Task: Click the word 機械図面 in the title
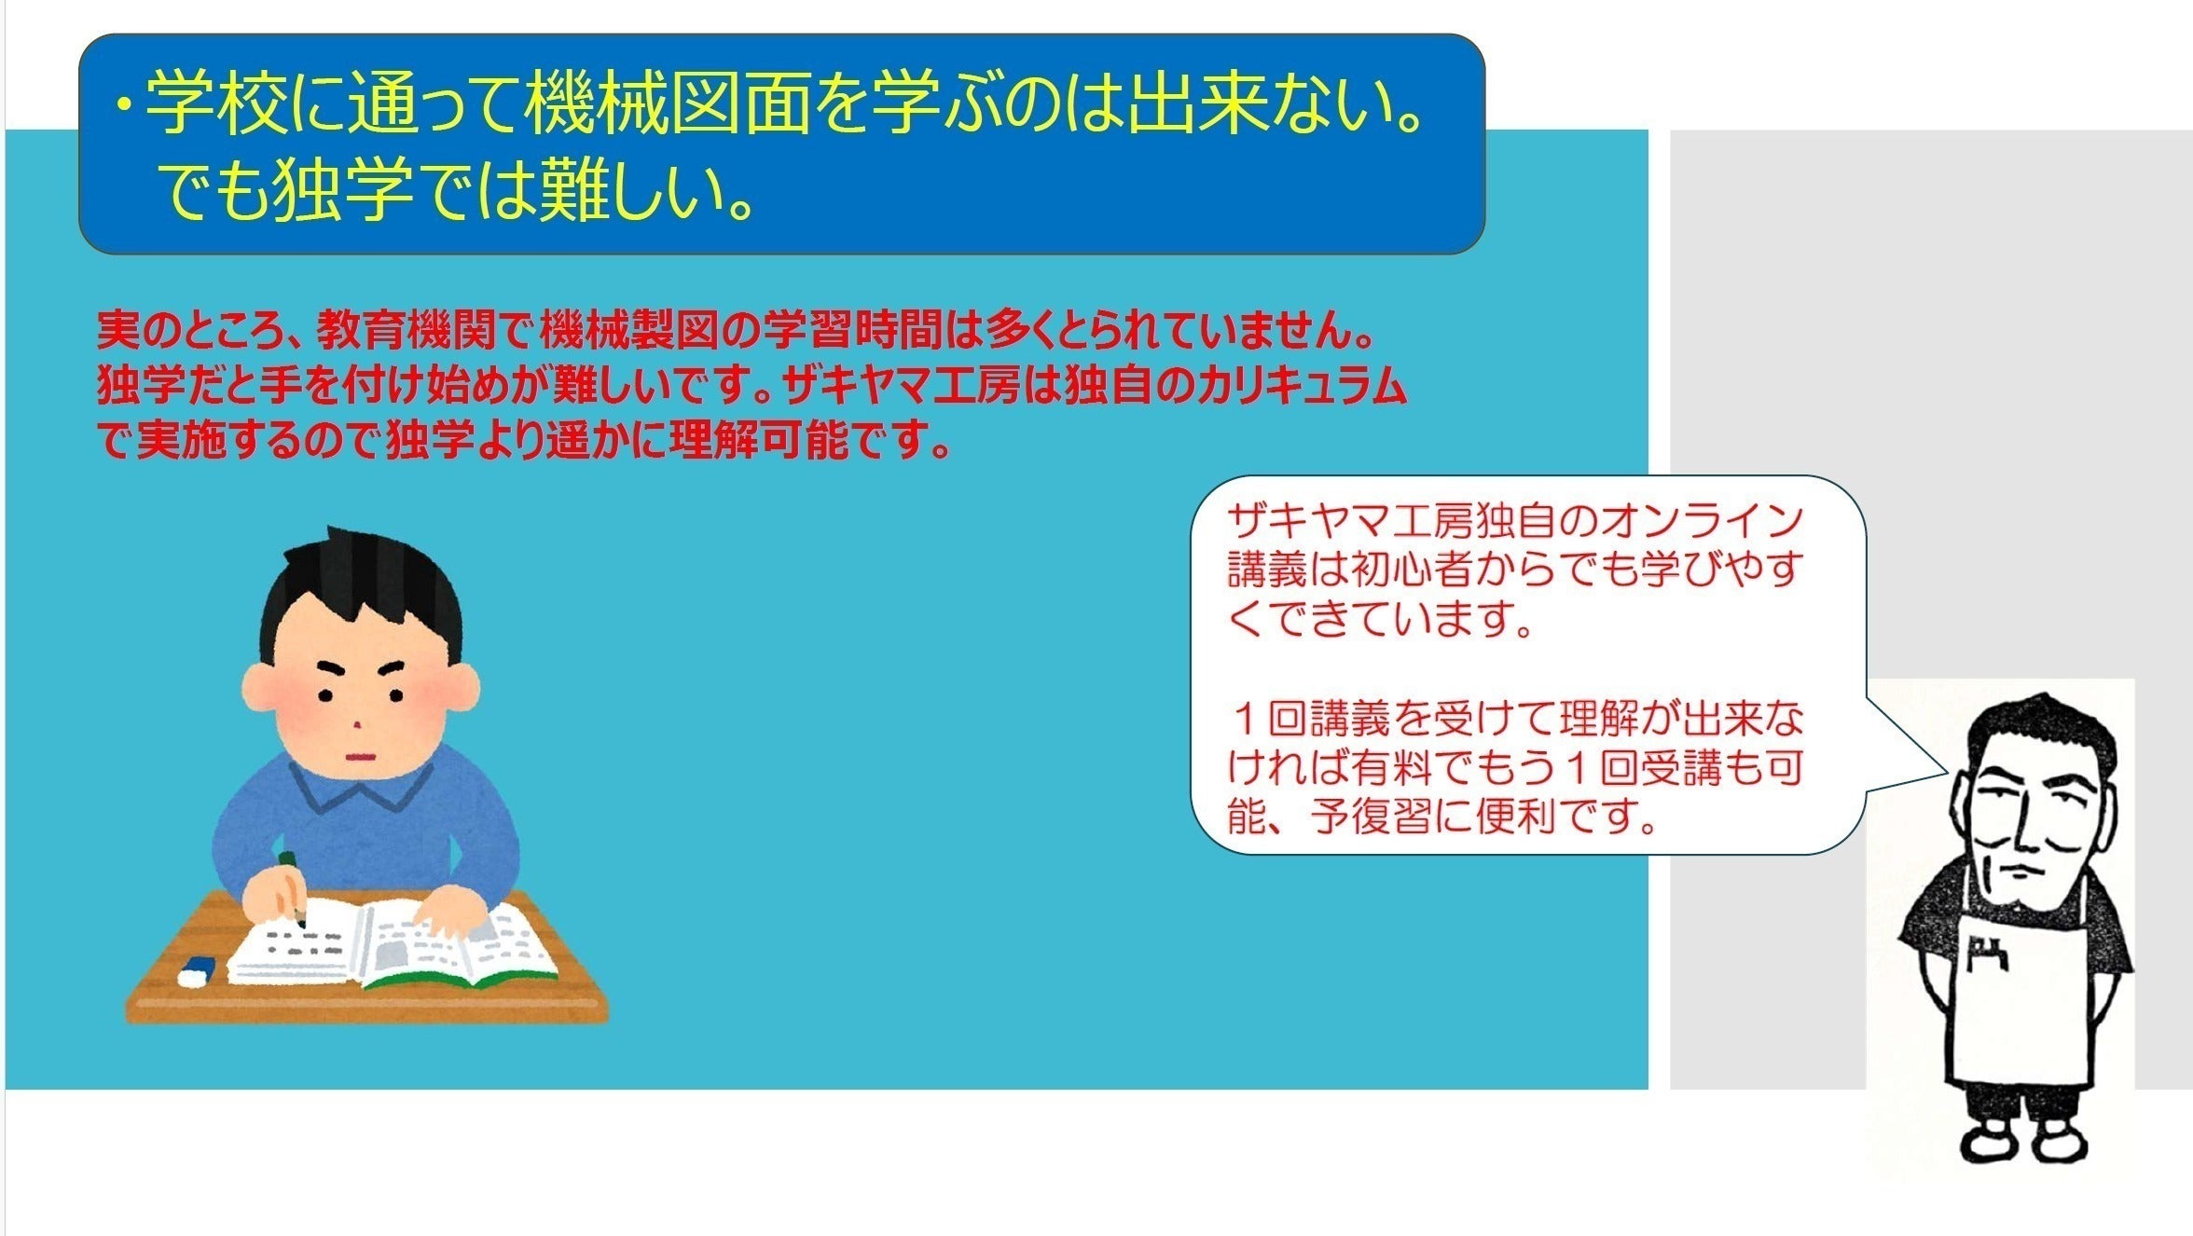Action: point(666,103)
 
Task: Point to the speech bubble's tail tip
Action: point(1949,773)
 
